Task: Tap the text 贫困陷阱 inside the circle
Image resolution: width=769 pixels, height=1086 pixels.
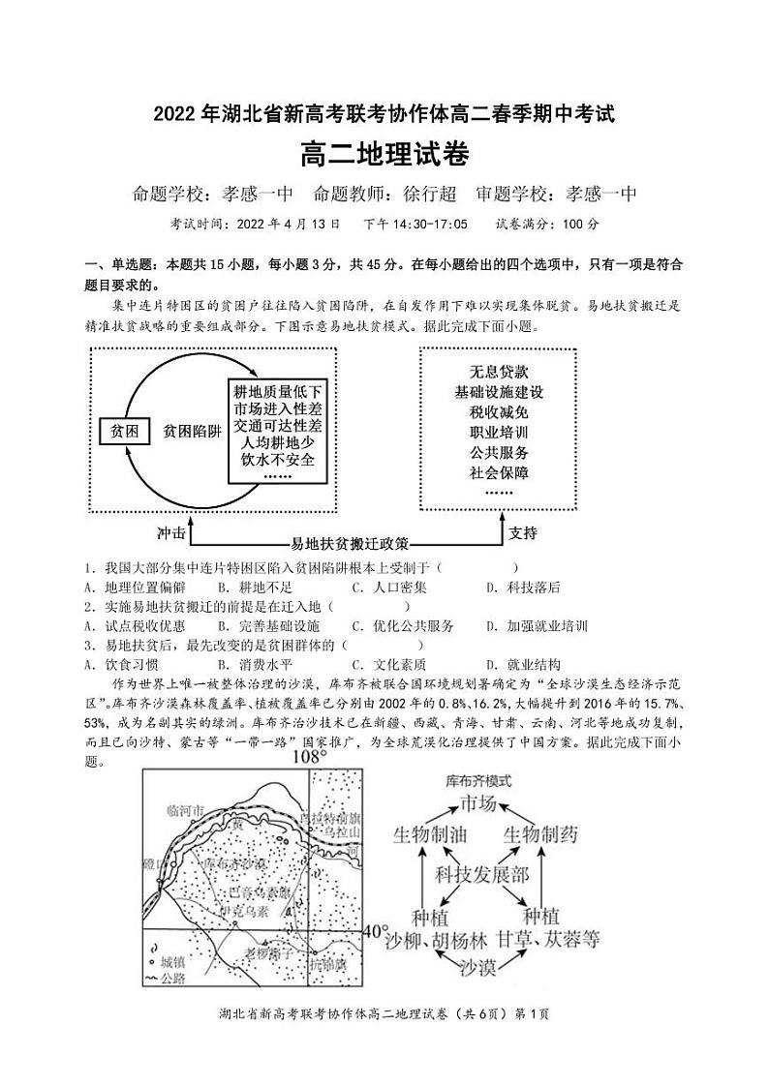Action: click(x=193, y=432)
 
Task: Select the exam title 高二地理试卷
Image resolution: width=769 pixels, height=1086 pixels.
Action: click(x=384, y=154)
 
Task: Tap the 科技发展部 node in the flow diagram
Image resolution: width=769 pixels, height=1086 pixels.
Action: click(x=481, y=875)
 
